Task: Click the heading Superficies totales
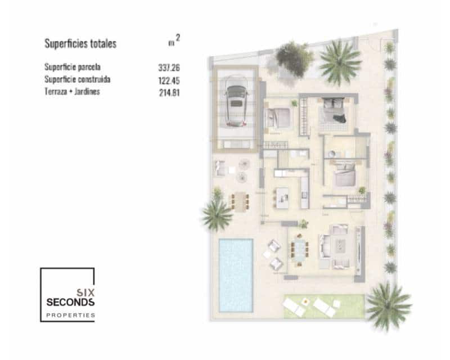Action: coord(80,44)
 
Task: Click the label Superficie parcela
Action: coord(72,67)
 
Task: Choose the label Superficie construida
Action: coord(76,79)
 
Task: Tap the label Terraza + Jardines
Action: coord(71,92)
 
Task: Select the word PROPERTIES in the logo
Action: coord(71,316)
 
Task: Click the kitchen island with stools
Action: coord(282,195)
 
